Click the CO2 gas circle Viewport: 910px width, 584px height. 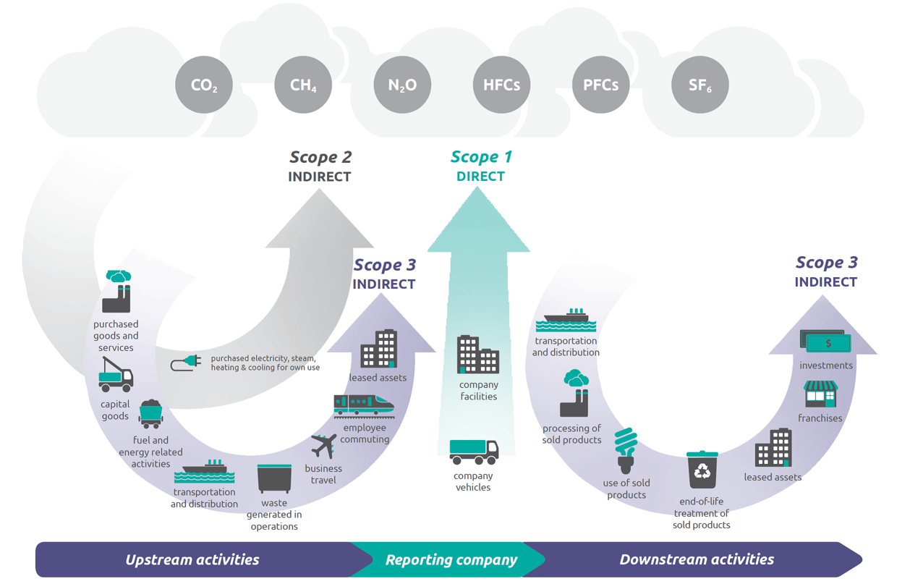pyautogui.click(x=204, y=85)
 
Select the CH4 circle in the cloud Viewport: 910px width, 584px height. pyautogui.click(x=303, y=85)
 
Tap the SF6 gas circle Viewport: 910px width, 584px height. pyautogui.click(x=699, y=85)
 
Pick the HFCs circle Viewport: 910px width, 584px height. pyautogui.click(x=501, y=85)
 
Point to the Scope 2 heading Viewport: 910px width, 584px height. pyautogui.click(x=320, y=157)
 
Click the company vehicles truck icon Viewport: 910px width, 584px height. pyautogui.click(x=474, y=452)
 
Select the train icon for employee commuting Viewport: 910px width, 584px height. pyautogui.click(x=364, y=407)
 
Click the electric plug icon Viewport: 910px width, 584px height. pyautogui.click(x=186, y=363)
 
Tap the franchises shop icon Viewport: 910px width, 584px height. pyautogui.click(x=820, y=395)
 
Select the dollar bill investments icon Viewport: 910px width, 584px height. pyautogui.click(x=825, y=342)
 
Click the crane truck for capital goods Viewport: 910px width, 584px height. pyautogui.click(x=116, y=375)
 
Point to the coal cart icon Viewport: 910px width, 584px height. pyautogui.click(x=150, y=414)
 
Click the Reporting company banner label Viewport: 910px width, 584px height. pyautogui.click(x=451, y=559)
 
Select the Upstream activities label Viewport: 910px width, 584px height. pyautogui.click(x=192, y=559)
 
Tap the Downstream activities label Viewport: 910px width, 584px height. pyautogui.click(x=697, y=559)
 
